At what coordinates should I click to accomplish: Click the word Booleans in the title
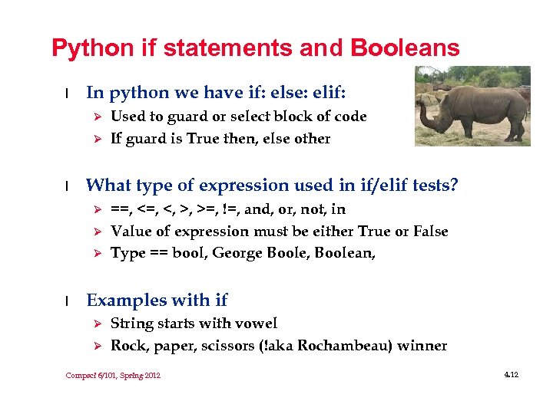point(405,48)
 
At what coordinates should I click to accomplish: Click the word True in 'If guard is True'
point(203,139)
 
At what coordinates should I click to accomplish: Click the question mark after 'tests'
point(454,185)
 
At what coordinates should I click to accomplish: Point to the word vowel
point(257,324)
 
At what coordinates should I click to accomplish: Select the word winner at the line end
point(423,346)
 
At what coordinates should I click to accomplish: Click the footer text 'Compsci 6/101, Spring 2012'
point(113,375)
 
